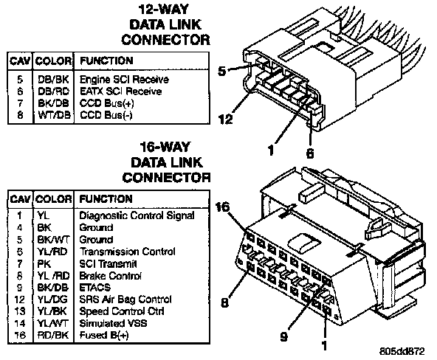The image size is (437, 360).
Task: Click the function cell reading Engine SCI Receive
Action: [x=124, y=80]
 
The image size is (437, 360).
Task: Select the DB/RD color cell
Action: [x=53, y=91]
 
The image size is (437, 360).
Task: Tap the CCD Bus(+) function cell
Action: [x=107, y=103]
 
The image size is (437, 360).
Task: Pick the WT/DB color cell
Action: [x=54, y=115]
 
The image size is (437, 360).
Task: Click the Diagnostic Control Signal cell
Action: [x=137, y=215]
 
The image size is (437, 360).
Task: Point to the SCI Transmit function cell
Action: [x=108, y=263]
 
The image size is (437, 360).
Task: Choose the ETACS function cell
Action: [x=95, y=287]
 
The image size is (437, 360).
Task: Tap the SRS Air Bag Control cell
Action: [x=125, y=300]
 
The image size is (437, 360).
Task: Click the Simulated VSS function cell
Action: [x=113, y=323]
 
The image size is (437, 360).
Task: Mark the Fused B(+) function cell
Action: [x=104, y=335]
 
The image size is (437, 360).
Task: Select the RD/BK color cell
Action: [x=53, y=335]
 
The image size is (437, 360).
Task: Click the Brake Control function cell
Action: [x=111, y=276]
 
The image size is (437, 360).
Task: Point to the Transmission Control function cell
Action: [x=128, y=252]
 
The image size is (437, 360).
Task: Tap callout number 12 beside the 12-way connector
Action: [x=226, y=120]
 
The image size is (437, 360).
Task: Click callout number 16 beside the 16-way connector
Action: [x=223, y=207]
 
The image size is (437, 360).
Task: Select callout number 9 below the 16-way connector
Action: [x=283, y=336]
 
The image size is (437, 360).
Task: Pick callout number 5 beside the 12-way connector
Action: [x=222, y=71]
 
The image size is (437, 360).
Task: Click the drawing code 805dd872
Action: [x=402, y=351]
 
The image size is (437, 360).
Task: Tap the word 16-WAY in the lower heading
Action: [x=165, y=147]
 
